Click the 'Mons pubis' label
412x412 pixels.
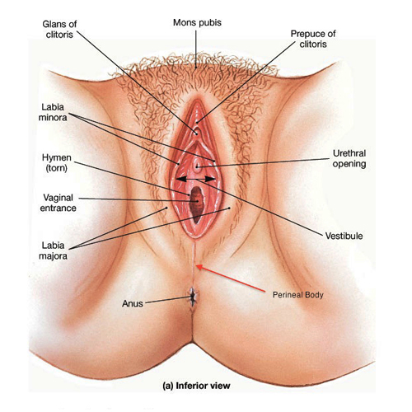(x=197, y=22)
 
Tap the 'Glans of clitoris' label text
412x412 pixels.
(x=59, y=29)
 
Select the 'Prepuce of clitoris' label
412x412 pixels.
(x=313, y=39)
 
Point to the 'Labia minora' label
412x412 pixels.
(x=53, y=112)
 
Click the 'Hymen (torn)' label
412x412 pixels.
(x=57, y=162)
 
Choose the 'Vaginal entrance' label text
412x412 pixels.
(x=58, y=203)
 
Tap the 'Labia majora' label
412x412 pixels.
(x=53, y=250)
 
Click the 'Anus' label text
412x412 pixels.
(x=133, y=303)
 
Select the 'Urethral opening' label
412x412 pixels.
(x=349, y=158)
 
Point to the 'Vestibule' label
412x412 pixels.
(x=344, y=236)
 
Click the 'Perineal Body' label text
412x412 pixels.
(x=298, y=295)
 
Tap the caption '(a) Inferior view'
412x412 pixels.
(x=196, y=386)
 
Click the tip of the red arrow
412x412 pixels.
(x=197, y=265)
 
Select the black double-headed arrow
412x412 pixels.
(x=195, y=179)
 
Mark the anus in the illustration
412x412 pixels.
(x=194, y=297)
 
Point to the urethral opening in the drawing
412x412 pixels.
(x=197, y=166)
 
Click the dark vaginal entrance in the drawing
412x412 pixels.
(x=197, y=204)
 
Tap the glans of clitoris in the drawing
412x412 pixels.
(x=196, y=133)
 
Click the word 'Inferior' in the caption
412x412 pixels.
(x=193, y=386)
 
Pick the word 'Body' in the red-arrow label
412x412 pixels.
(x=316, y=295)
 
